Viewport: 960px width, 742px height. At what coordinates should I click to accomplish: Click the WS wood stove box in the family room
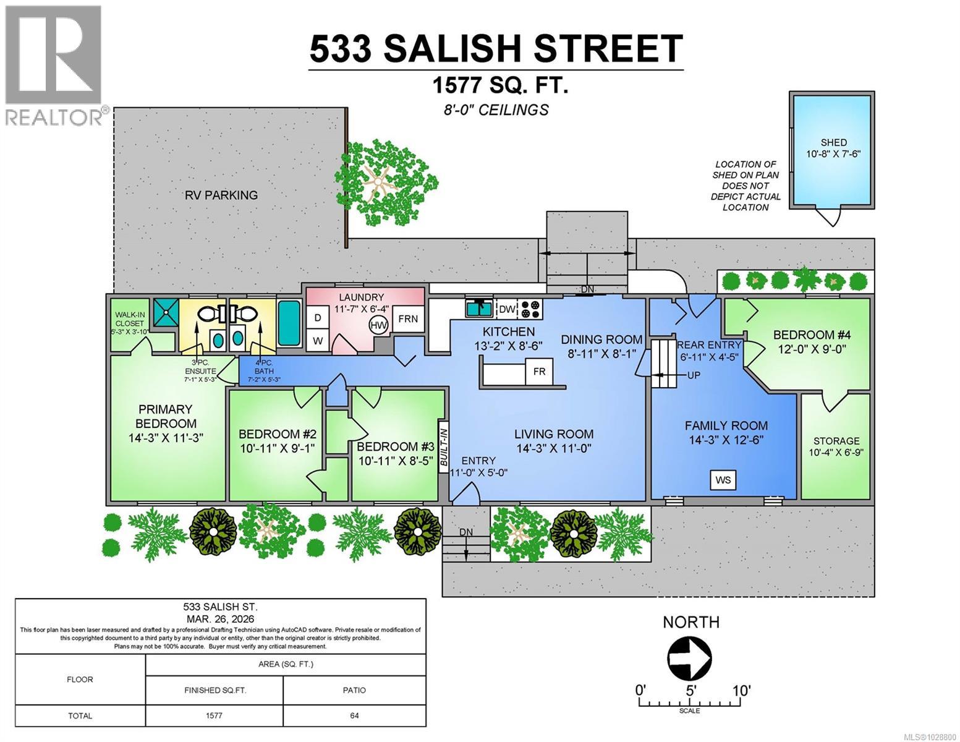coord(723,480)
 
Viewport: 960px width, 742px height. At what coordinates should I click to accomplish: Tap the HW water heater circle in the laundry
coord(376,325)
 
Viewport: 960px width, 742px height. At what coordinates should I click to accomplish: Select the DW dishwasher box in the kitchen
coord(506,309)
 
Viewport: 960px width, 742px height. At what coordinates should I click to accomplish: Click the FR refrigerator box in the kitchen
coord(539,372)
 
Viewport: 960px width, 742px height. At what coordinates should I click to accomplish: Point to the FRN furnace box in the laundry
coord(407,319)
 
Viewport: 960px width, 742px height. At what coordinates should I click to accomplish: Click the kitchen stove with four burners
coord(530,309)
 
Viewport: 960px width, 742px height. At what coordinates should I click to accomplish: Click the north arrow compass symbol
coord(690,657)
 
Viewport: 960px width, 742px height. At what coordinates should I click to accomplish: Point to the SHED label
coord(833,142)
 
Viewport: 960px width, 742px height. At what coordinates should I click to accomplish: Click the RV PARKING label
coord(221,195)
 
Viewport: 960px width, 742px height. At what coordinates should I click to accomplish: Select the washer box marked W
coord(318,341)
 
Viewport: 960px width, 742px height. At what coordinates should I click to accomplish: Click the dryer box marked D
coord(318,318)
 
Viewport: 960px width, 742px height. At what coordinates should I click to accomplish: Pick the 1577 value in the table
coord(214,715)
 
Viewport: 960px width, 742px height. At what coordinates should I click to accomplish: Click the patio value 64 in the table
coord(354,715)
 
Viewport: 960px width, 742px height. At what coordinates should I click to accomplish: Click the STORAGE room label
coord(836,441)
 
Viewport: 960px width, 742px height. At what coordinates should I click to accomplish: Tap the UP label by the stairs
coord(694,375)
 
